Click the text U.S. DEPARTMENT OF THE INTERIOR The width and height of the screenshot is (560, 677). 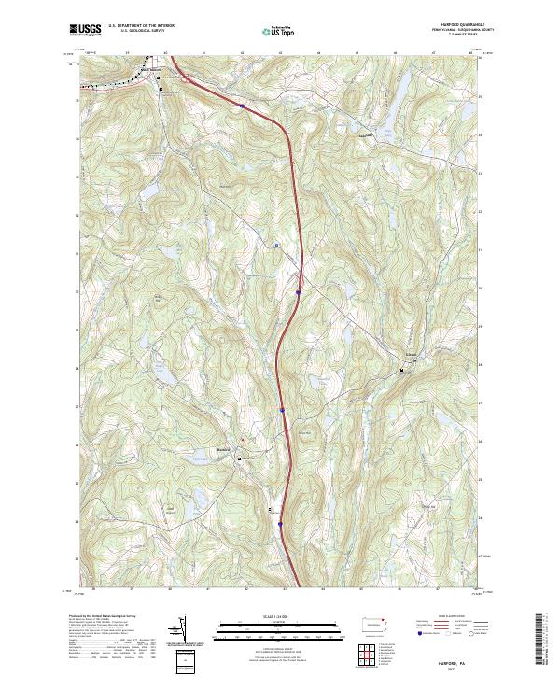(141, 26)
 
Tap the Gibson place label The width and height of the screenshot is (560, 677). (410, 355)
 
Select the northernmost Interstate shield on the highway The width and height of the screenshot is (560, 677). (242, 106)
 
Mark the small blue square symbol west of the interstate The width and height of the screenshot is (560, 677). (277, 246)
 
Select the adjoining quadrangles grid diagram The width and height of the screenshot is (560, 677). (371, 656)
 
